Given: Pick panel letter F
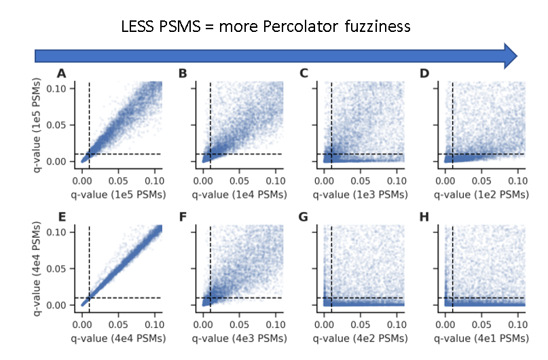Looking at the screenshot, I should pos(183,218).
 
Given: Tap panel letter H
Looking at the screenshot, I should pos(425,218).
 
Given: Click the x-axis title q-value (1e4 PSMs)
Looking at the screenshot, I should pos(239,194).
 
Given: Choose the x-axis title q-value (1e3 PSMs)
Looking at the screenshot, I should pos(360,194).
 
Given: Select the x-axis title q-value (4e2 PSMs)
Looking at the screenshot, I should pos(360,338).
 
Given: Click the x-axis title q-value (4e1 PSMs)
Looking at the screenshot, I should pos(481,338).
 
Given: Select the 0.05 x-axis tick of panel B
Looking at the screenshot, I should pos(239,182).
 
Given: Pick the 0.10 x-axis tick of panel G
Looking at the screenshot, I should pos(396,326).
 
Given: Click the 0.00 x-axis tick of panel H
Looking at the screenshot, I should pos(445,326).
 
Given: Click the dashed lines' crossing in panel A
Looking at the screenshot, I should pos(90,154).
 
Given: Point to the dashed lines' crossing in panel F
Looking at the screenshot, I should pos(211,298).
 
